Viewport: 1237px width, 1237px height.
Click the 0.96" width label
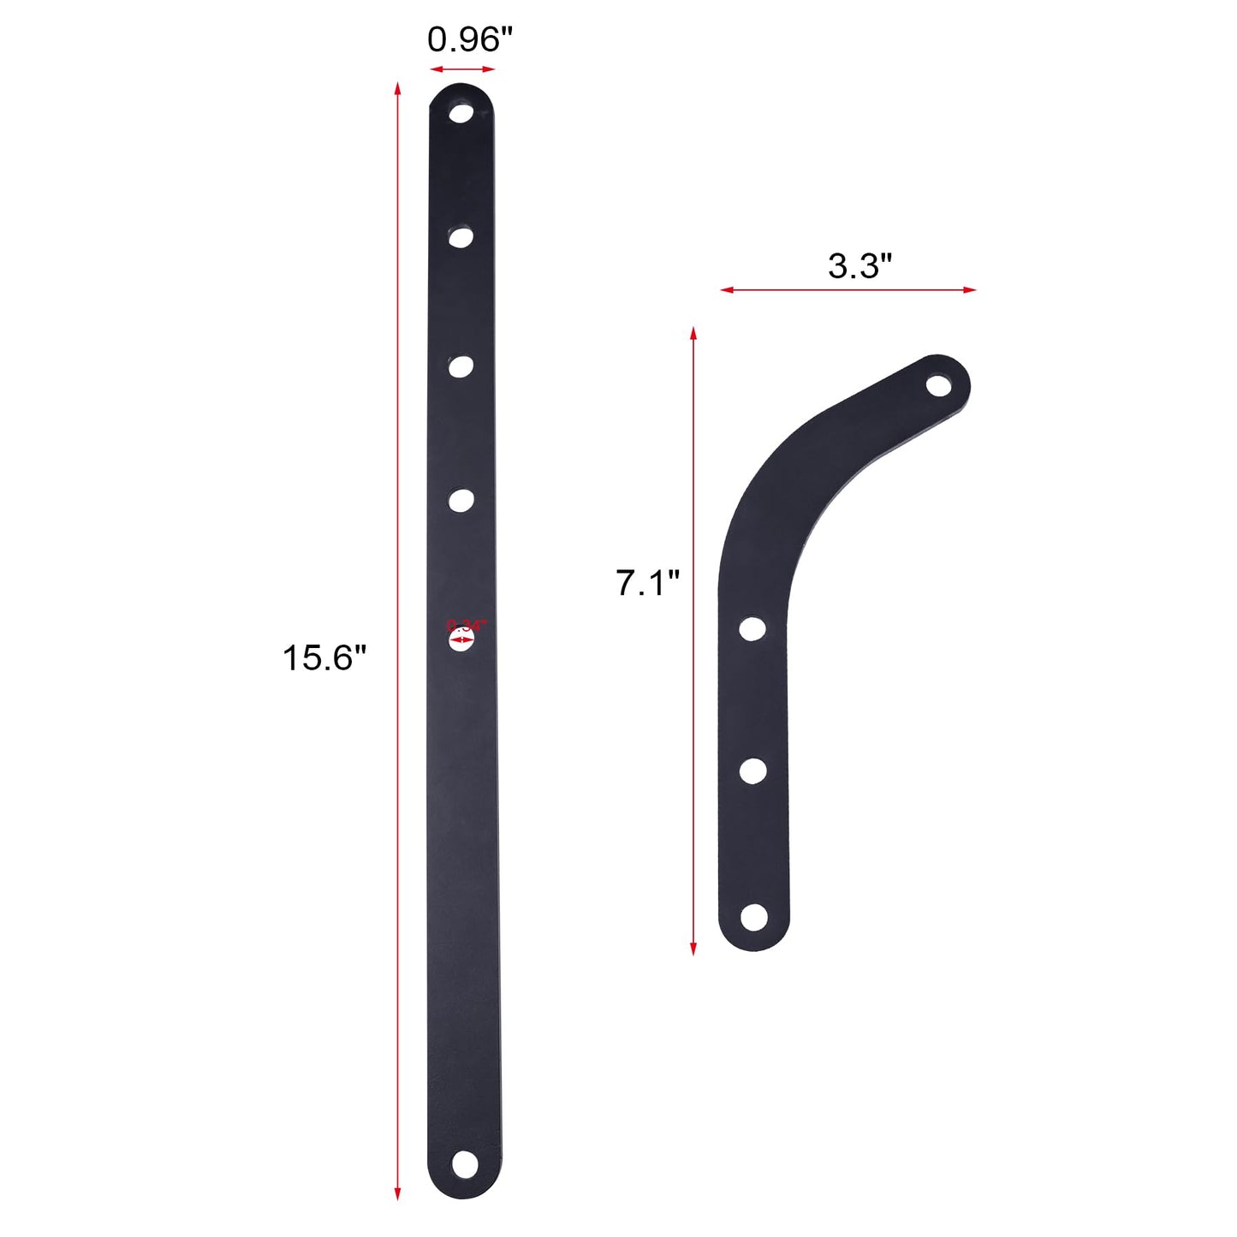click(469, 39)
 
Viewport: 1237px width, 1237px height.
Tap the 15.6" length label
click(324, 657)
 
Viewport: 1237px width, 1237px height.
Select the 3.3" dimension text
click(859, 265)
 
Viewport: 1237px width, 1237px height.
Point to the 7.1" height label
click(647, 583)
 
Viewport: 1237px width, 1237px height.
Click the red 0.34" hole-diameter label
click(466, 625)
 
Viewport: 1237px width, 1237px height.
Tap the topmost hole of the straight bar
click(461, 112)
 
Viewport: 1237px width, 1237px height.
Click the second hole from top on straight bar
click(461, 236)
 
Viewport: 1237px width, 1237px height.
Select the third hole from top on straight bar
click(461, 366)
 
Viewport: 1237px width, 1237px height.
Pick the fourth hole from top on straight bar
click(461, 500)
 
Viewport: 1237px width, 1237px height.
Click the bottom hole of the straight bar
click(464, 1163)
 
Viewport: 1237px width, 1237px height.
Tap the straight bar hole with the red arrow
click(461, 639)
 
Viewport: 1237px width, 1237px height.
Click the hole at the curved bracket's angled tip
click(939, 385)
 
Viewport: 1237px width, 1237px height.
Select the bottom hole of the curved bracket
click(753, 917)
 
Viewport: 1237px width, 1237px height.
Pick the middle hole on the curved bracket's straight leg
click(752, 770)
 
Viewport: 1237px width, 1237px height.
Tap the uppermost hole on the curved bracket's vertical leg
click(752, 628)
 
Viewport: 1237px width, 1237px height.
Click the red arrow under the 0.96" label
click(462, 69)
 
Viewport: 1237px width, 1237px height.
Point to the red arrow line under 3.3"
click(847, 290)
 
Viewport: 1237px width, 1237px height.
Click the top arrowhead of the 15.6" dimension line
click(397, 88)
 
